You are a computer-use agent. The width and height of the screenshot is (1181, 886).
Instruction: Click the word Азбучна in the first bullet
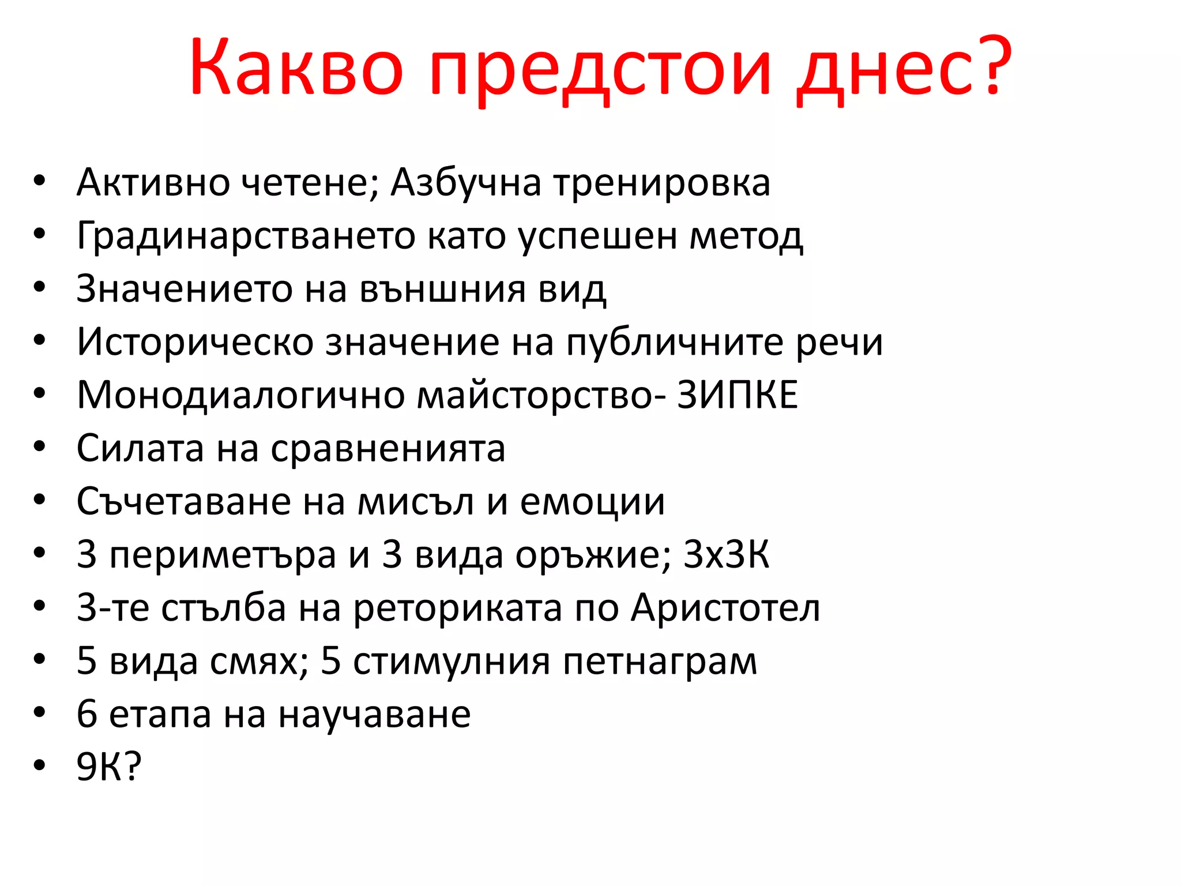coord(466,183)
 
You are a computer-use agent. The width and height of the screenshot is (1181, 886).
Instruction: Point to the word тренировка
coord(662,184)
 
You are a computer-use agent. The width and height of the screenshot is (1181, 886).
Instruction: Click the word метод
coord(746,236)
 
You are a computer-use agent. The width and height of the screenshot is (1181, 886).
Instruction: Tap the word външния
coord(442,289)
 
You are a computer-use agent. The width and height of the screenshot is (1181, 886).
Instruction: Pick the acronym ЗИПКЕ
coord(738,395)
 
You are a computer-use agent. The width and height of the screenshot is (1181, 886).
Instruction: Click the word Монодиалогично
coord(240,396)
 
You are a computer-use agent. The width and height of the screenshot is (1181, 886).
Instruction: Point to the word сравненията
coord(388,449)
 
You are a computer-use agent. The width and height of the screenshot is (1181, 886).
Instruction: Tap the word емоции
coord(592,502)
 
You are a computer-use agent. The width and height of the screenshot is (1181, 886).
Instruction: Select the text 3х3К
coord(726,555)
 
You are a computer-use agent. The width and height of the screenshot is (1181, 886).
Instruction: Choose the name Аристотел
coord(725,608)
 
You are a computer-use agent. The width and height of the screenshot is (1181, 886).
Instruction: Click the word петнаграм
coord(660,662)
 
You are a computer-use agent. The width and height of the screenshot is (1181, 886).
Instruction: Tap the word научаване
coord(374,715)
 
